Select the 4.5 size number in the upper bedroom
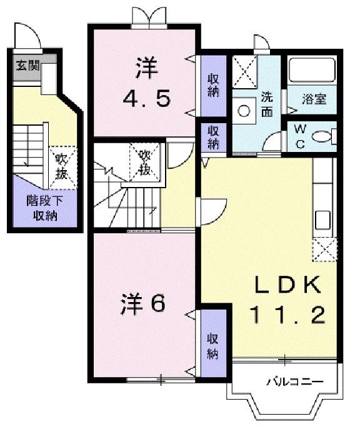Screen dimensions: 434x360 (x=146, y=98)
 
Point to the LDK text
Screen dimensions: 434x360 (x=288, y=286)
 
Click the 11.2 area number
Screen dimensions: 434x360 (x=288, y=315)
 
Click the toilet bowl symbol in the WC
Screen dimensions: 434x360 (x=321, y=137)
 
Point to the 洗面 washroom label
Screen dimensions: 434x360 (x=267, y=104)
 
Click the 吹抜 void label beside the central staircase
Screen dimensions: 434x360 (x=144, y=161)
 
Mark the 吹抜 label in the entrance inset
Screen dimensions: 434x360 (x=61, y=165)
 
